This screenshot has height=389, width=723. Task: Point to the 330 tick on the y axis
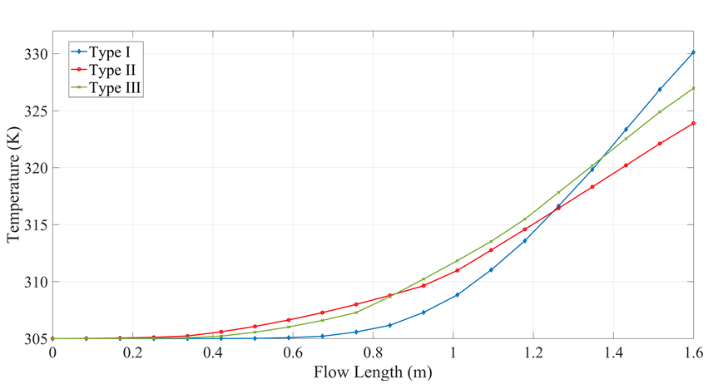(36, 54)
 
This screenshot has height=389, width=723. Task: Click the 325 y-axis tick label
(36, 111)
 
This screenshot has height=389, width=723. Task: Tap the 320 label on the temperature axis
(36, 168)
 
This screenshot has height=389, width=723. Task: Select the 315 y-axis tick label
(36, 225)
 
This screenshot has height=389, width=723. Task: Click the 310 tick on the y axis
(36, 282)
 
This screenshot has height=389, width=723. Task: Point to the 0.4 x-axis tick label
(212, 352)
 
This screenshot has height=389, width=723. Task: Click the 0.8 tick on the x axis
(373, 352)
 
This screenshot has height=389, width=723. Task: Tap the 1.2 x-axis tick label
(532, 352)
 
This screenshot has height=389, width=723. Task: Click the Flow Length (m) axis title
(373, 372)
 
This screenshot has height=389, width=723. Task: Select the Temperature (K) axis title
(13, 195)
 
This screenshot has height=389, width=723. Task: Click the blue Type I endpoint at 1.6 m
(693, 52)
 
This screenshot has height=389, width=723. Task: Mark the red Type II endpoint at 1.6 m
(693, 123)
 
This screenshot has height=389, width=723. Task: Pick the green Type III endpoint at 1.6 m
(693, 88)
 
